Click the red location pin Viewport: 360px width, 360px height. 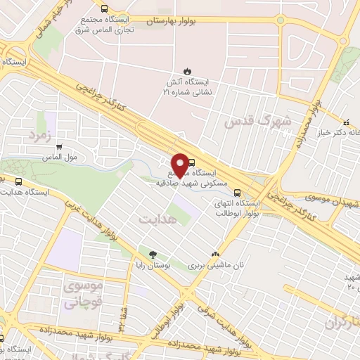click(x=179, y=165)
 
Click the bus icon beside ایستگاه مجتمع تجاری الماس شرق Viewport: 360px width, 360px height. click(x=104, y=9)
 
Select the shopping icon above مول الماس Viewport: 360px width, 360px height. click(x=58, y=147)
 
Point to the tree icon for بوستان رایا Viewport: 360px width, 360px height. click(x=152, y=254)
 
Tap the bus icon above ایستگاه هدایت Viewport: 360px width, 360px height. click(x=18, y=180)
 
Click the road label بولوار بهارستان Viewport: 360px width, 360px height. click(x=174, y=22)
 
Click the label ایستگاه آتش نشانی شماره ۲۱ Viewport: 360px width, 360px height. click(x=187, y=86)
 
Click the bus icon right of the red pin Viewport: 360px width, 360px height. click(x=192, y=161)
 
